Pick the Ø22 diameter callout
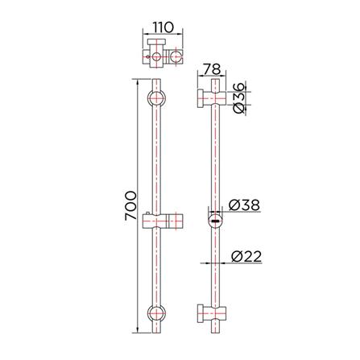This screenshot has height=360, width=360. point(246,257)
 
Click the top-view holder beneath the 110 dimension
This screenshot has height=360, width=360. point(161,55)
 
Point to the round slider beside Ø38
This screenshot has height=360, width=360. point(216,219)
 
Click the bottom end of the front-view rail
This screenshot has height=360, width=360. point(157,337)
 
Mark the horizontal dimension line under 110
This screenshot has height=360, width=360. point(161,32)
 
